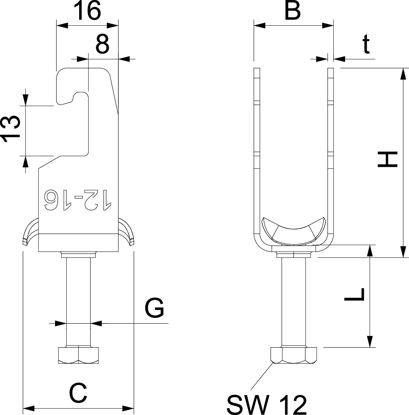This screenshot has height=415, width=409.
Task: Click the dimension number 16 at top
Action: point(89,11)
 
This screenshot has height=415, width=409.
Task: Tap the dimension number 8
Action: point(103,44)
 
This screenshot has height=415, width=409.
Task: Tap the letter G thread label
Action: point(155,308)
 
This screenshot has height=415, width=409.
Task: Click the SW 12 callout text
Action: point(267,404)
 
